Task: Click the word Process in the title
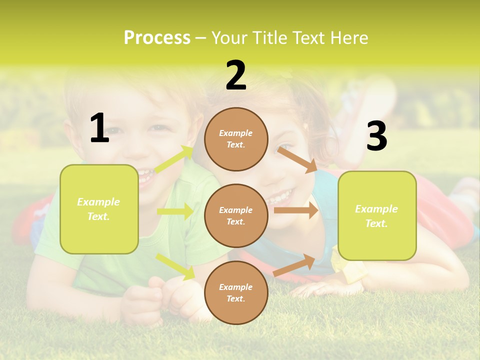click(x=157, y=37)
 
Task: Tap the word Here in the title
click(x=348, y=37)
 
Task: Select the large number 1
click(x=99, y=128)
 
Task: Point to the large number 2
click(x=236, y=75)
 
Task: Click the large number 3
click(x=376, y=136)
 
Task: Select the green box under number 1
click(x=99, y=209)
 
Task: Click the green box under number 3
click(x=377, y=215)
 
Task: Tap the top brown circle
click(x=236, y=139)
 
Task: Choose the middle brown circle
click(x=236, y=215)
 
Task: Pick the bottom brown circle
click(x=236, y=292)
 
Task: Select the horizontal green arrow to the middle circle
click(x=175, y=211)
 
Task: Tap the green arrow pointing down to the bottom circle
click(x=175, y=266)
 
